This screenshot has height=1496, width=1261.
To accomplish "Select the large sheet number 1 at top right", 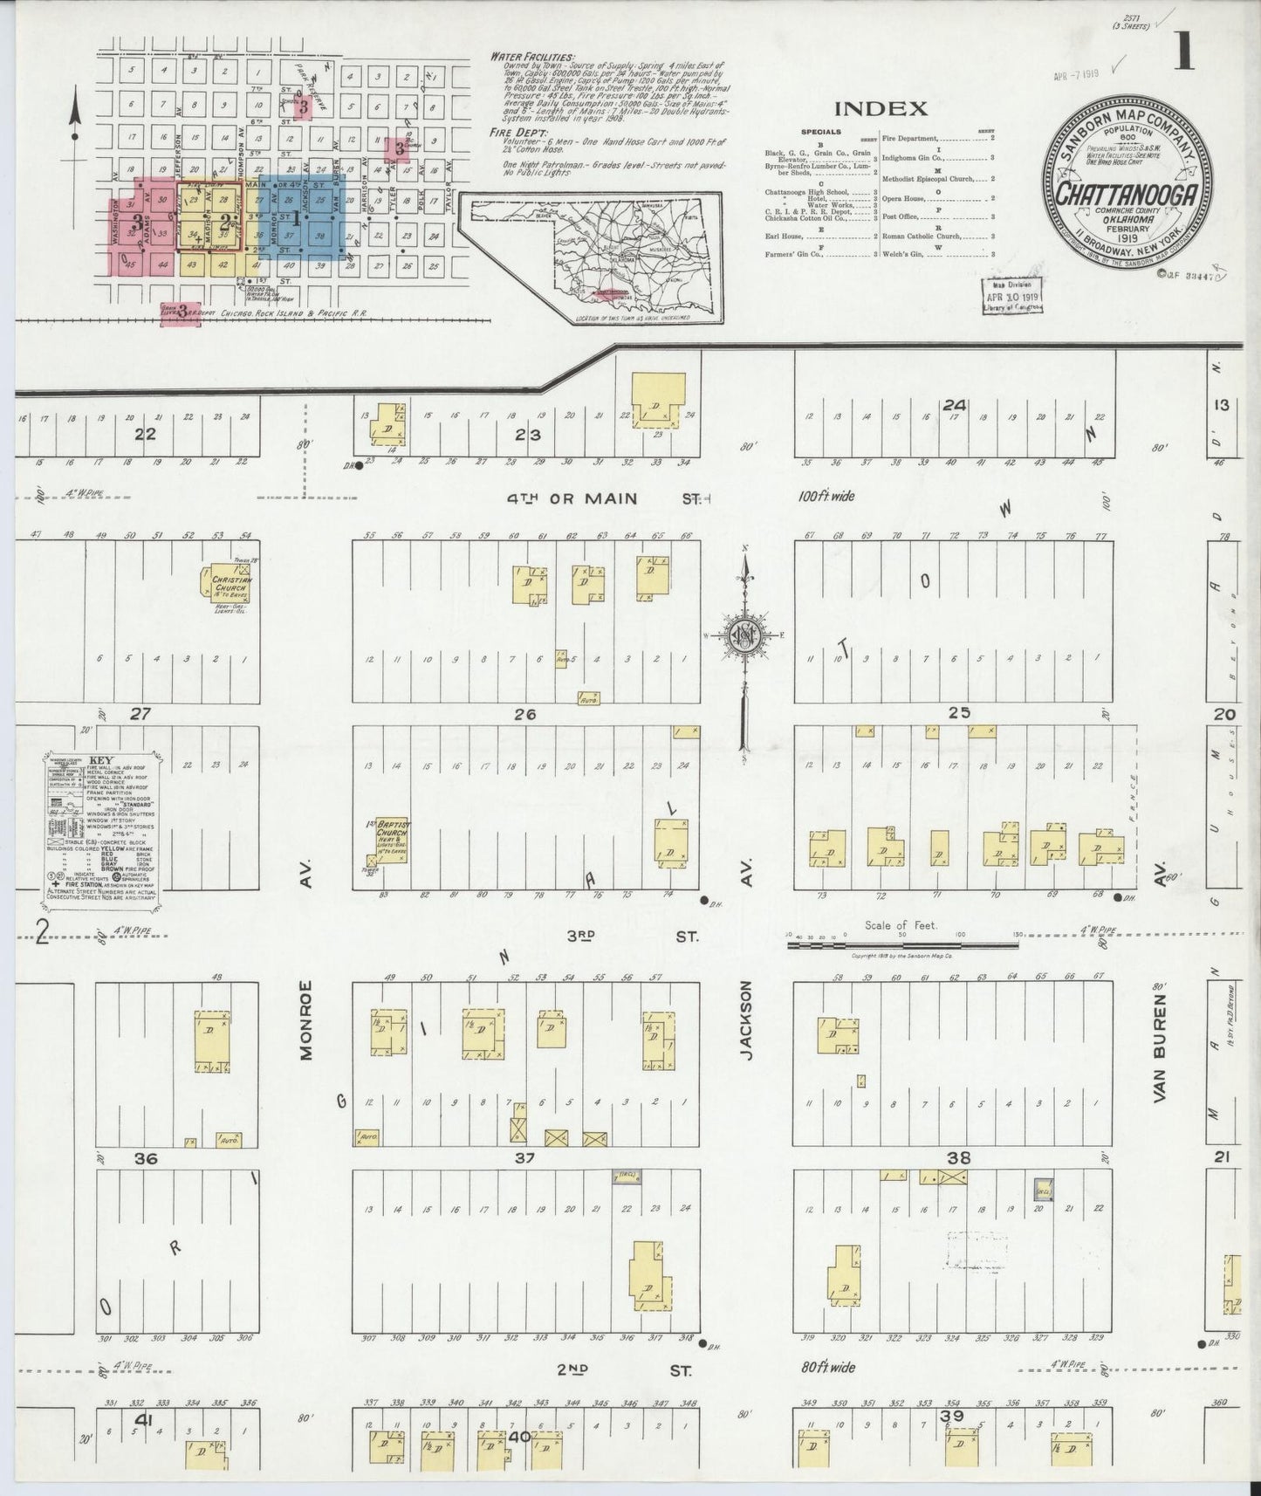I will pos(1182,52).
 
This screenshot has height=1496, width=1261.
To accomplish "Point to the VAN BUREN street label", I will pos(1160,1052).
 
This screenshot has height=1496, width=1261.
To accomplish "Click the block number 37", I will pos(524,1158).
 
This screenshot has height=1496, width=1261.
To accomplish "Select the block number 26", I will pos(524,714).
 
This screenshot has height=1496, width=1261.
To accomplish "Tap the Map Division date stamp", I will pos(1012,297).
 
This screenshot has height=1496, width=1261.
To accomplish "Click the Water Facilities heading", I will pos(531,57).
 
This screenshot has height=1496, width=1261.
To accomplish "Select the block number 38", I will pos(958,1158).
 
